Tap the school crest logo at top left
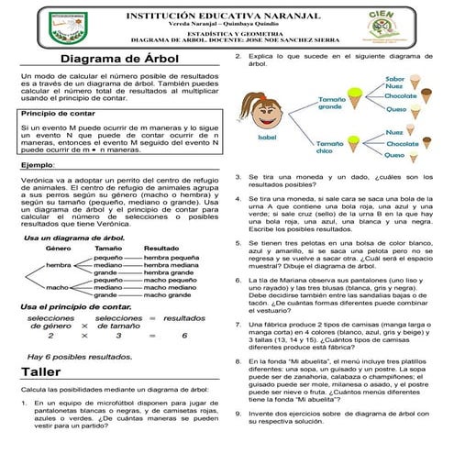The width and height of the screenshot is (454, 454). click(43, 25)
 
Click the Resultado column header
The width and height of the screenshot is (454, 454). click(161, 249)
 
